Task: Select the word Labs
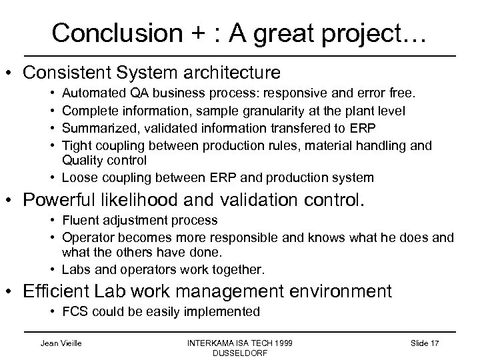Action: click(74, 269)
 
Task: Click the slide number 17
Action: click(436, 342)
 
